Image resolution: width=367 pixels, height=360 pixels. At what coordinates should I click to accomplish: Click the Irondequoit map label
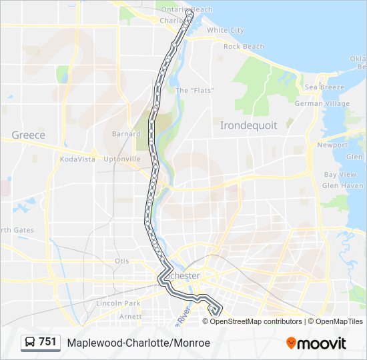pyautogui.click(x=248, y=125)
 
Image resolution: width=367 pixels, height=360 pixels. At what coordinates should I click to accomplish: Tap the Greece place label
pyautogui.click(x=29, y=135)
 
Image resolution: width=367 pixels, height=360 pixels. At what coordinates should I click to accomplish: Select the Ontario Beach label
pyautogui.click(x=188, y=9)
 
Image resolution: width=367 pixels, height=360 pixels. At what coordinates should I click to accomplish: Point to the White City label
pyautogui.click(x=225, y=31)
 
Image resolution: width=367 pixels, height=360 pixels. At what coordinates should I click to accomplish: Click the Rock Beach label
pyautogui.click(x=244, y=47)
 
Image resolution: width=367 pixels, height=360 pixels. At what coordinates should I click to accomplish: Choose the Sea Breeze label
pyautogui.click(x=324, y=87)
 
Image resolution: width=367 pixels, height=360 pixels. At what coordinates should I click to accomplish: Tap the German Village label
pyautogui.click(x=322, y=104)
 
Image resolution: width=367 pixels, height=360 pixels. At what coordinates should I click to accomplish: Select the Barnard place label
pyautogui.click(x=126, y=134)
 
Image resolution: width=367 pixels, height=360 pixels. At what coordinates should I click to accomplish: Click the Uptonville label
pyautogui.click(x=122, y=159)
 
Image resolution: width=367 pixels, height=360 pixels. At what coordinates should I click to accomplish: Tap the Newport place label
pyautogui.click(x=332, y=145)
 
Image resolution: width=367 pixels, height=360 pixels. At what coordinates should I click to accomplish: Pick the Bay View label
pyautogui.click(x=340, y=175)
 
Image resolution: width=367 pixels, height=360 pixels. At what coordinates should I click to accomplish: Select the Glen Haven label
pyautogui.click(x=342, y=186)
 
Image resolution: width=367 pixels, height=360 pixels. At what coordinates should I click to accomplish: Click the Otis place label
pyautogui.click(x=121, y=261)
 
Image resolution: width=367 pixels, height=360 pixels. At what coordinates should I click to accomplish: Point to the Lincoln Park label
pyautogui.click(x=118, y=303)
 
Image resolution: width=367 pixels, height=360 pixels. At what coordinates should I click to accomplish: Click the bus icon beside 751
pyautogui.click(x=30, y=343)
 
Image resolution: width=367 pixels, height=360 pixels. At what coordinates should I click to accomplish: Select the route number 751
pyautogui.click(x=47, y=342)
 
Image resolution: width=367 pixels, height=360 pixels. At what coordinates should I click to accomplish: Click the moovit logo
pyautogui.click(x=316, y=343)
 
